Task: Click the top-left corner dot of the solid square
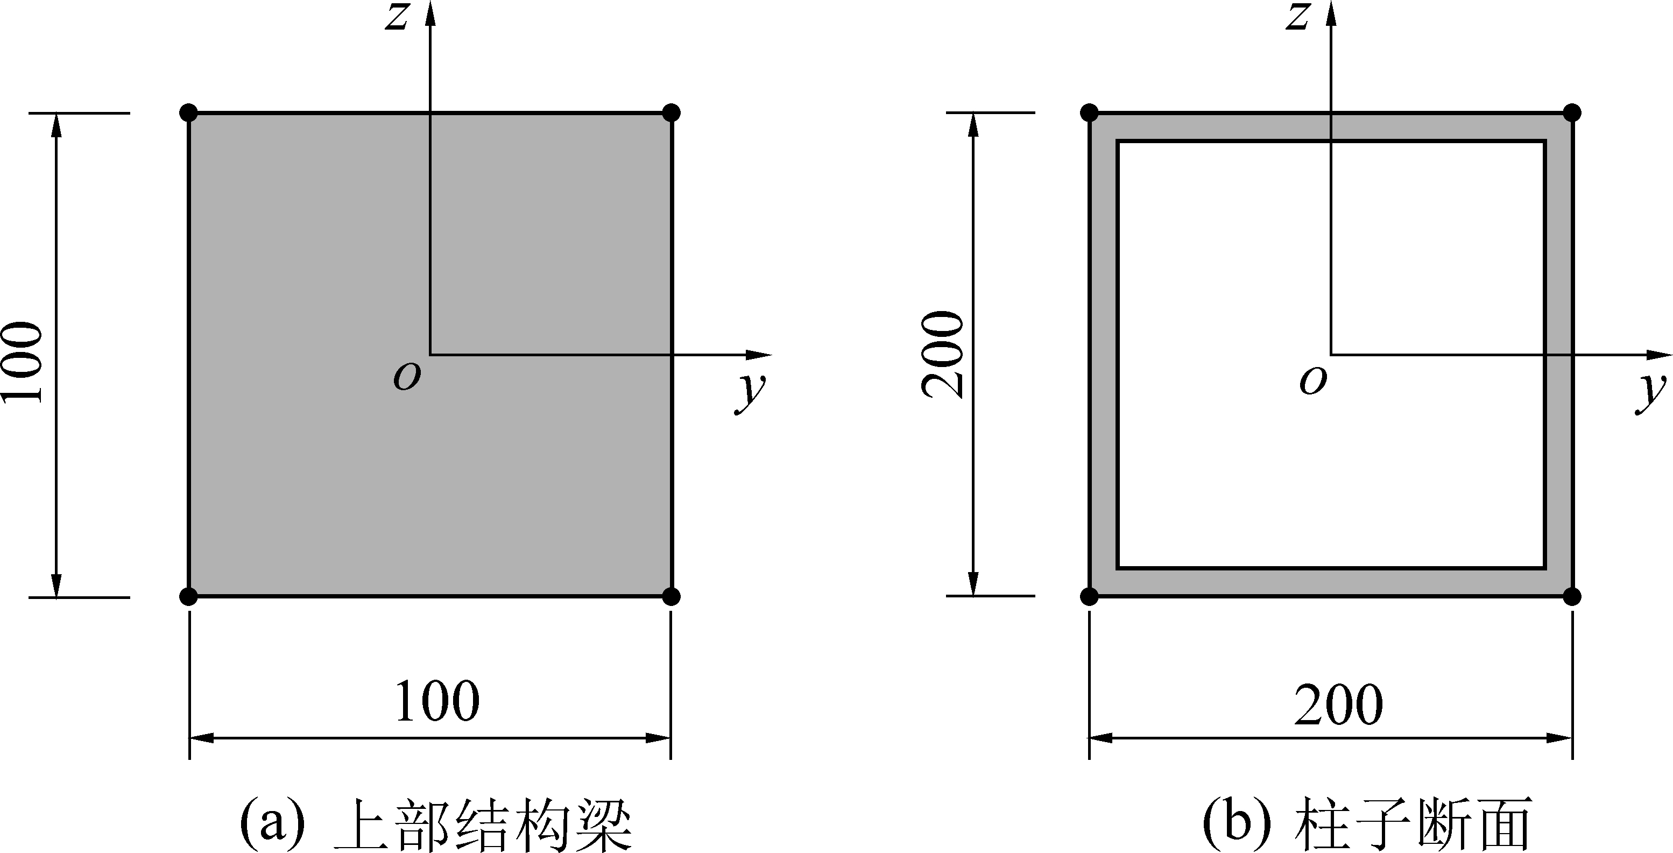coord(188,112)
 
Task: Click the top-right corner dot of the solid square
coord(672,112)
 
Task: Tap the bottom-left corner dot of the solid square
coord(188,596)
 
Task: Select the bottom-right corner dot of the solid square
coord(672,596)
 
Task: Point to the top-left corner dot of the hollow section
coord(1090,112)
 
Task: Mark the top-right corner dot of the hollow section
coord(1572,112)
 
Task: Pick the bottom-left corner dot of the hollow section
coord(1090,596)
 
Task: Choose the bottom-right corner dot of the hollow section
coord(1572,596)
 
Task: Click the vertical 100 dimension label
coord(23,361)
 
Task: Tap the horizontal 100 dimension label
coord(437,702)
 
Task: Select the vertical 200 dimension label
coord(943,354)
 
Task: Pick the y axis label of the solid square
coord(751,391)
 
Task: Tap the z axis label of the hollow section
coord(1297,17)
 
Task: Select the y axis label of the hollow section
coord(1651,391)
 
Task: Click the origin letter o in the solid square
coord(407,377)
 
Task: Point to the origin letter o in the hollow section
coord(1312,380)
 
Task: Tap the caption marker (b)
coord(1236,822)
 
